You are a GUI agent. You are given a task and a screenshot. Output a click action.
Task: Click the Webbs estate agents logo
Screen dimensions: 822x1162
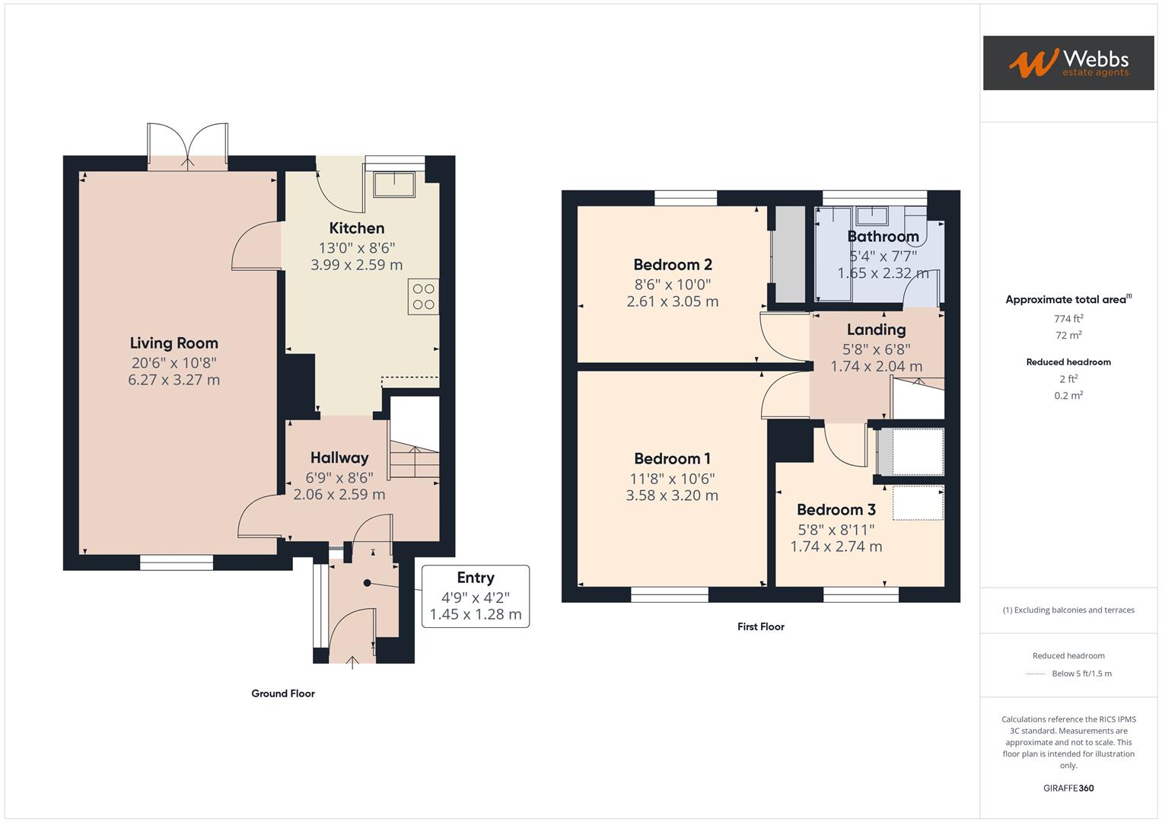pyautogui.click(x=1068, y=62)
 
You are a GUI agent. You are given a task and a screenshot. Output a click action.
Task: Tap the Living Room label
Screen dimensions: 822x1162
pyautogui.click(x=174, y=343)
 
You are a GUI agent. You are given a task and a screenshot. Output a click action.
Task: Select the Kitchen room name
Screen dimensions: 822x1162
pyautogui.click(x=356, y=228)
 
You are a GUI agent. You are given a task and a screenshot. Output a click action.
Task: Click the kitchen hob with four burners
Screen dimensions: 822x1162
pyautogui.click(x=423, y=297)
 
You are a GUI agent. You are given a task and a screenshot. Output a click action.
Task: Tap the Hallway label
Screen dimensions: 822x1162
pyautogui.click(x=339, y=458)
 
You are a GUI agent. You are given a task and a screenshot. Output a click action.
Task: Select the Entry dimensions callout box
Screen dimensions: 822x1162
pyautogui.click(x=476, y=596)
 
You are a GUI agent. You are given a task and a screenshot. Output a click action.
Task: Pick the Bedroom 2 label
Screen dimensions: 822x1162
pyautogui.click(x=673, y=265)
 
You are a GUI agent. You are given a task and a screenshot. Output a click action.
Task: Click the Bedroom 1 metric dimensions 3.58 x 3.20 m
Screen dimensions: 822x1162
pyautogui.click(x=672, y=495)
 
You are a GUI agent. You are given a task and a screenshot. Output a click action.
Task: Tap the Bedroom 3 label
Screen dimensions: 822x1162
pyautogui.click(x=836, y=510)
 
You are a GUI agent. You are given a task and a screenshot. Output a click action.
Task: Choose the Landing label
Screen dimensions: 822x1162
pyautogui.click(x=876, y=330)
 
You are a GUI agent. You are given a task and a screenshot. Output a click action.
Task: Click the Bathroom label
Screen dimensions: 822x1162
pyautogui.click(x=883, y=237)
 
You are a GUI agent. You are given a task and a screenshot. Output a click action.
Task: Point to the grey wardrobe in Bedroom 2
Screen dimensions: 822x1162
pyautogui.click(x=789, y=255)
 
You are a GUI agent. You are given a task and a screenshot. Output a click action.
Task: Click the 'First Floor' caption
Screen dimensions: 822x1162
pyautogui.click(x=760, y=627)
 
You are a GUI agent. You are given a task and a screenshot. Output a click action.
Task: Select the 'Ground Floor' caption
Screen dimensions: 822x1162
pyautogui.click(x=283, y=693)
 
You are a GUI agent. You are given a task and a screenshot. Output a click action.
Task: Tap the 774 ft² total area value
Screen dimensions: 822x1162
pyautogui.click(x=1068, y=319)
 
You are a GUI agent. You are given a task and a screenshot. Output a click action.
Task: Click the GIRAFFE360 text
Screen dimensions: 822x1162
pyautogui.click(x=1068, y=789)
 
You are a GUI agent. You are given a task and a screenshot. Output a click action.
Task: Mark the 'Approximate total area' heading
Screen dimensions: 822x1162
pyautogui.click(x=1068, y=300)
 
